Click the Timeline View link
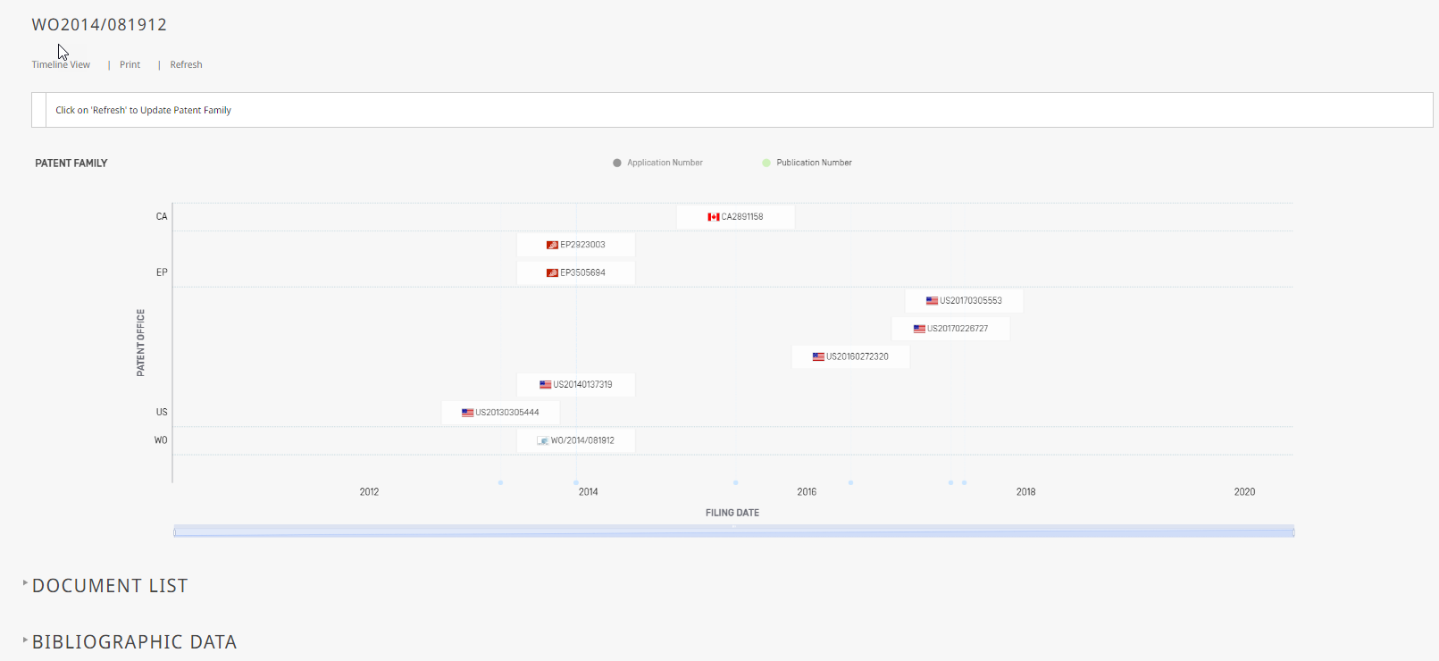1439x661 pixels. pyautogui.click(x=61, y=64)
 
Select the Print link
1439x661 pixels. pyautogui.click(x=130, y=64)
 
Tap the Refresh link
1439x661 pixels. pyautogui.click(x=187, y=64)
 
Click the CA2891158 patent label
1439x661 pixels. pyautogui.click(x=735, y=217)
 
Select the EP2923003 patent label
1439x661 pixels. pyautogui.click(x=576, y=245)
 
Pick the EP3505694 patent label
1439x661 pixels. pyautogui.click(x=576, y=273)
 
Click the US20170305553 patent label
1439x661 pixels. pyautogui.click(x=965, y=301)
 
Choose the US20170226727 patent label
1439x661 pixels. pyautogui.click(x=950, y=329)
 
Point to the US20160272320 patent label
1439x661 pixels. pyautogui.click(x=850, y=356)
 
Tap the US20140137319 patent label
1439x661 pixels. pyautogui.click(x=576, y=385)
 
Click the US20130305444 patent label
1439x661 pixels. pyautogui.click(x=500, y=413)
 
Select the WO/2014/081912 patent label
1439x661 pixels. pyautogui.click(x=576, y=440)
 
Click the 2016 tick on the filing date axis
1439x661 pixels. pyautogui.click(x=807, y=492)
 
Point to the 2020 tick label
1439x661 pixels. pyautogui.click(x=1244, y=492)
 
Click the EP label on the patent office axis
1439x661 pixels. pyautogui.click(x=162, y=272)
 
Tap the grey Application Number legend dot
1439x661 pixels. pyautogui.click(x=617, y=163)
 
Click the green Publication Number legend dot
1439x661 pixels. pyautogui.click(x=766, y=163)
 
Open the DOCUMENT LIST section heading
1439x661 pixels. pyautogui.click(x=110, y=586)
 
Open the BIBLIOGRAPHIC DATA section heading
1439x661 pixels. pyautogui.click(x=134, y=641)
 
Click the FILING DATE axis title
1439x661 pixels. pyautogui.click(x=732, y=513)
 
